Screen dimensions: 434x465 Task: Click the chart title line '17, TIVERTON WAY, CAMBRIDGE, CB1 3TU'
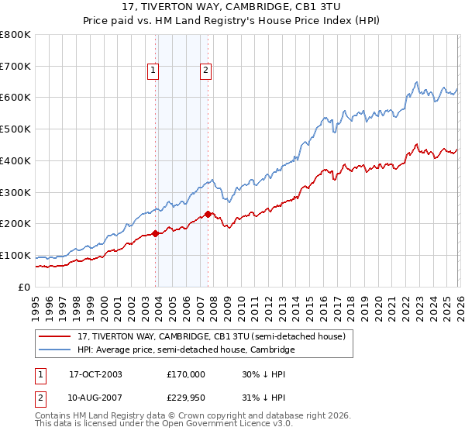point(232,7)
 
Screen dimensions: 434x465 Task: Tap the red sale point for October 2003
point(156,232)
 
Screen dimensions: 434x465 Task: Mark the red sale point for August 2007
point(208,214)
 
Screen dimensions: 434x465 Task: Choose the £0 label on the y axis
point(25,287)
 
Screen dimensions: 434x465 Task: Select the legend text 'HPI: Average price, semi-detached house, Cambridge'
point(186,350)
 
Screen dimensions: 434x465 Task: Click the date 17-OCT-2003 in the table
point(95,374)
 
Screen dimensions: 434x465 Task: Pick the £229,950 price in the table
point(185,398)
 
